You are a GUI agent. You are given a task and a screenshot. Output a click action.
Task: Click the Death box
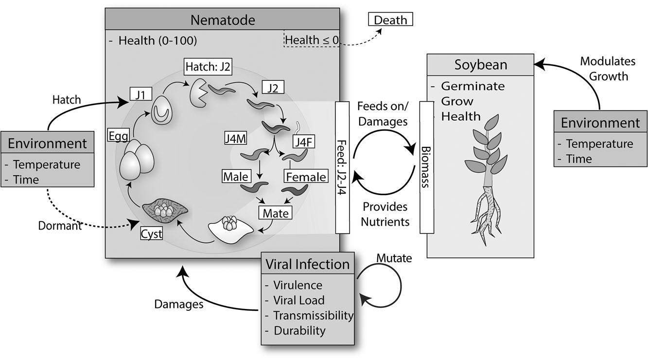[x=391, y=19]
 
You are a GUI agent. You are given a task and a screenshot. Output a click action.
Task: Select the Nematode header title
[x=222, y=20]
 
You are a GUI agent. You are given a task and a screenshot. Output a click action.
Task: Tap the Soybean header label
[x=480, y=65]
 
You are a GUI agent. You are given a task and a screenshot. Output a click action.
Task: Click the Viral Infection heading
[x=307, y=264]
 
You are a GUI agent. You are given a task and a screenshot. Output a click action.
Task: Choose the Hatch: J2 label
[x=208, y=66]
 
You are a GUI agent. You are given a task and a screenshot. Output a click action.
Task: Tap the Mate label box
[x=276, y=213]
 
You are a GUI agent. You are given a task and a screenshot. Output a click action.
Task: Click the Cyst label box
[x=151, y=234]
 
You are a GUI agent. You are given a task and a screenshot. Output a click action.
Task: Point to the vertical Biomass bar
[x=426, y=167]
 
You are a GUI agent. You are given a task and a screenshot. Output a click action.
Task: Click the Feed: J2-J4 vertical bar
[x=343, y=167]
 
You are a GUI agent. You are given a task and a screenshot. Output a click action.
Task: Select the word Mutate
[x=394, y=258]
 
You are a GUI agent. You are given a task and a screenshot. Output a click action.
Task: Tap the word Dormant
[x=60, y=226]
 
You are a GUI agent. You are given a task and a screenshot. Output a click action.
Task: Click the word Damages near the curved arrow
[x=178, y=304]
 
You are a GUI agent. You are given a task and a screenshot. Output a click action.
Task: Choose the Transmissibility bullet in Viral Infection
[x=313, y=315]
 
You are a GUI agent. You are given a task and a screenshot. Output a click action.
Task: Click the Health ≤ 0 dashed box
[x=312, y=40]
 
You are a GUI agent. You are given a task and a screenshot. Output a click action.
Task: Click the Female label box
[x=305, y=177]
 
